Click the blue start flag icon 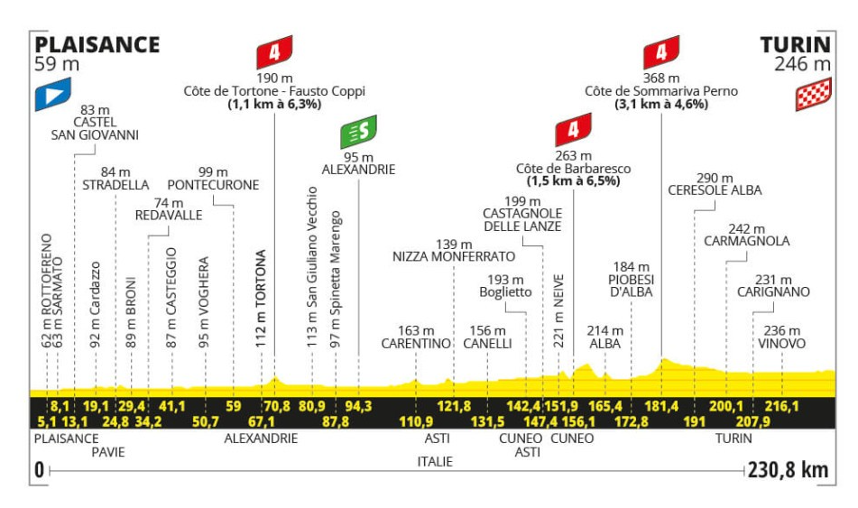(53, 94)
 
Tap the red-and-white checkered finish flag (814, 94)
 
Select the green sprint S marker (358, 132)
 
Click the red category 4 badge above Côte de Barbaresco (573, 130)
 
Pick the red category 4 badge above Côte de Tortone (274, 52)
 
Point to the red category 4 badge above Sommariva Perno (661, 52)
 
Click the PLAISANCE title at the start (97, 45)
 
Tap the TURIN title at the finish (796, 45)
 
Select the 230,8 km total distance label (788, 470)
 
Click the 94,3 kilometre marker (358, 406)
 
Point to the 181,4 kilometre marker (661, 406)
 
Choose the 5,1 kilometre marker (47, 421)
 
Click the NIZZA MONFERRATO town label (454, 256)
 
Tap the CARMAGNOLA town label (747, 241)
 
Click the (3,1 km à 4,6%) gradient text (661, 104)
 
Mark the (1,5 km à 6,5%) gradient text (573, 181)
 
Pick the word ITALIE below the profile (435, 461)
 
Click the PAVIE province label (108, 452)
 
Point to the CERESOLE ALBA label (715, 190)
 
